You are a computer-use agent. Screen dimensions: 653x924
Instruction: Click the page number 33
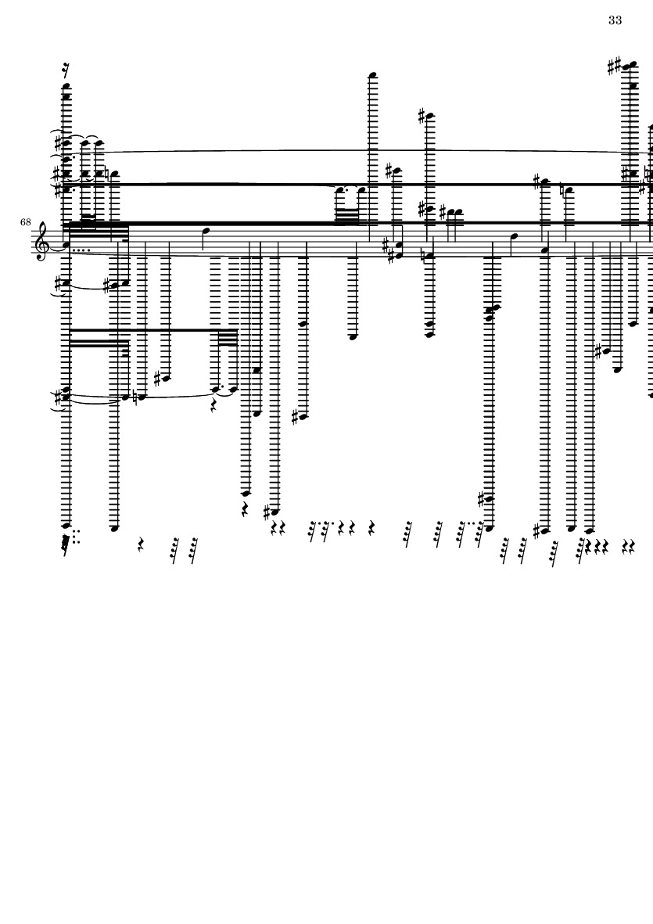click(615, 20)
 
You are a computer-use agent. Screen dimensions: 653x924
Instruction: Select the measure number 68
click(25, 222)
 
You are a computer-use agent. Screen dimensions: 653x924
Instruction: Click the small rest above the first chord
click(66, 70)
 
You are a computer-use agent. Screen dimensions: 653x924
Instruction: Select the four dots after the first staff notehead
click(80, 250)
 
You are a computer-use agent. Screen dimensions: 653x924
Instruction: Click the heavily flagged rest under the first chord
click(66, 543)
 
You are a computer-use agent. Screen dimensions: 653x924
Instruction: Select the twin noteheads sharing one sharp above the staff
click(451, 212)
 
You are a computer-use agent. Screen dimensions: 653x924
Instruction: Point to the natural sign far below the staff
click(136, 397)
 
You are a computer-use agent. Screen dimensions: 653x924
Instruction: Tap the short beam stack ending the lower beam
click(228, 337)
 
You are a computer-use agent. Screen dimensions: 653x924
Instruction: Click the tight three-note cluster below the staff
click(492, 312)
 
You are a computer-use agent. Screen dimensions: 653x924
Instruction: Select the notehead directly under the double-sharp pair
click(633, 86)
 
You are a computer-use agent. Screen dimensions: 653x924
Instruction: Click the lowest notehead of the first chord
click(66, 525)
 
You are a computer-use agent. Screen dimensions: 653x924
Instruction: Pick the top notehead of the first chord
click(66, 86)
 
